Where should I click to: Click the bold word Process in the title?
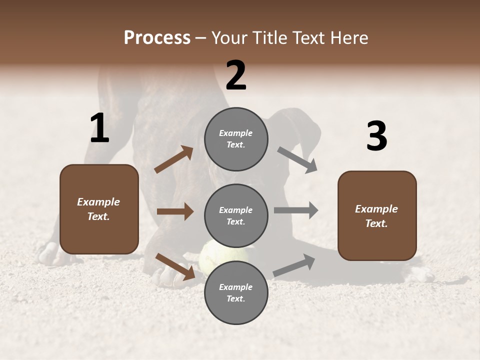coord(157,37)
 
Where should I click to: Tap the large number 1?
coord(99,128)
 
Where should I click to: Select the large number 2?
coord(236,75)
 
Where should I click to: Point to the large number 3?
coord(376,136)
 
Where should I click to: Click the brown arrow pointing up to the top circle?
coord(174,159)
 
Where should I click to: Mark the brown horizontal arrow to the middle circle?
coord(175,211)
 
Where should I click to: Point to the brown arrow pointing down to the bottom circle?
coord(175,266)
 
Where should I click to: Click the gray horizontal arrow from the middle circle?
coord(296,210)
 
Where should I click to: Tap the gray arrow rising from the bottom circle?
coord(294,266)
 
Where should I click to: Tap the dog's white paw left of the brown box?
coord(50,254)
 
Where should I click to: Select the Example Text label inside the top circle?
coord(236,138)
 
